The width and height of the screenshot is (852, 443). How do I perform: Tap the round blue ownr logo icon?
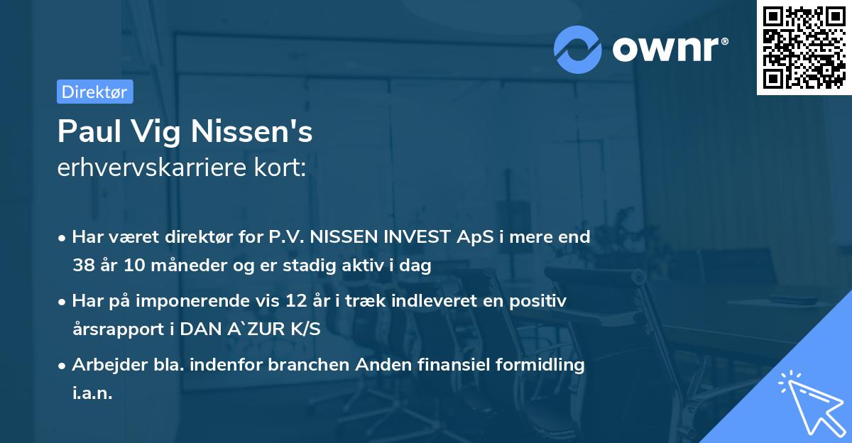click(x=578, y=50)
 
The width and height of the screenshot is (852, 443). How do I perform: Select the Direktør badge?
click(x=94, y=92)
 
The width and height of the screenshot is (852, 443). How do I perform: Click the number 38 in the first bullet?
click(x=83, y=266)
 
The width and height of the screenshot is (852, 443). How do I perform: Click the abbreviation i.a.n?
click(x=92, y=393)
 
